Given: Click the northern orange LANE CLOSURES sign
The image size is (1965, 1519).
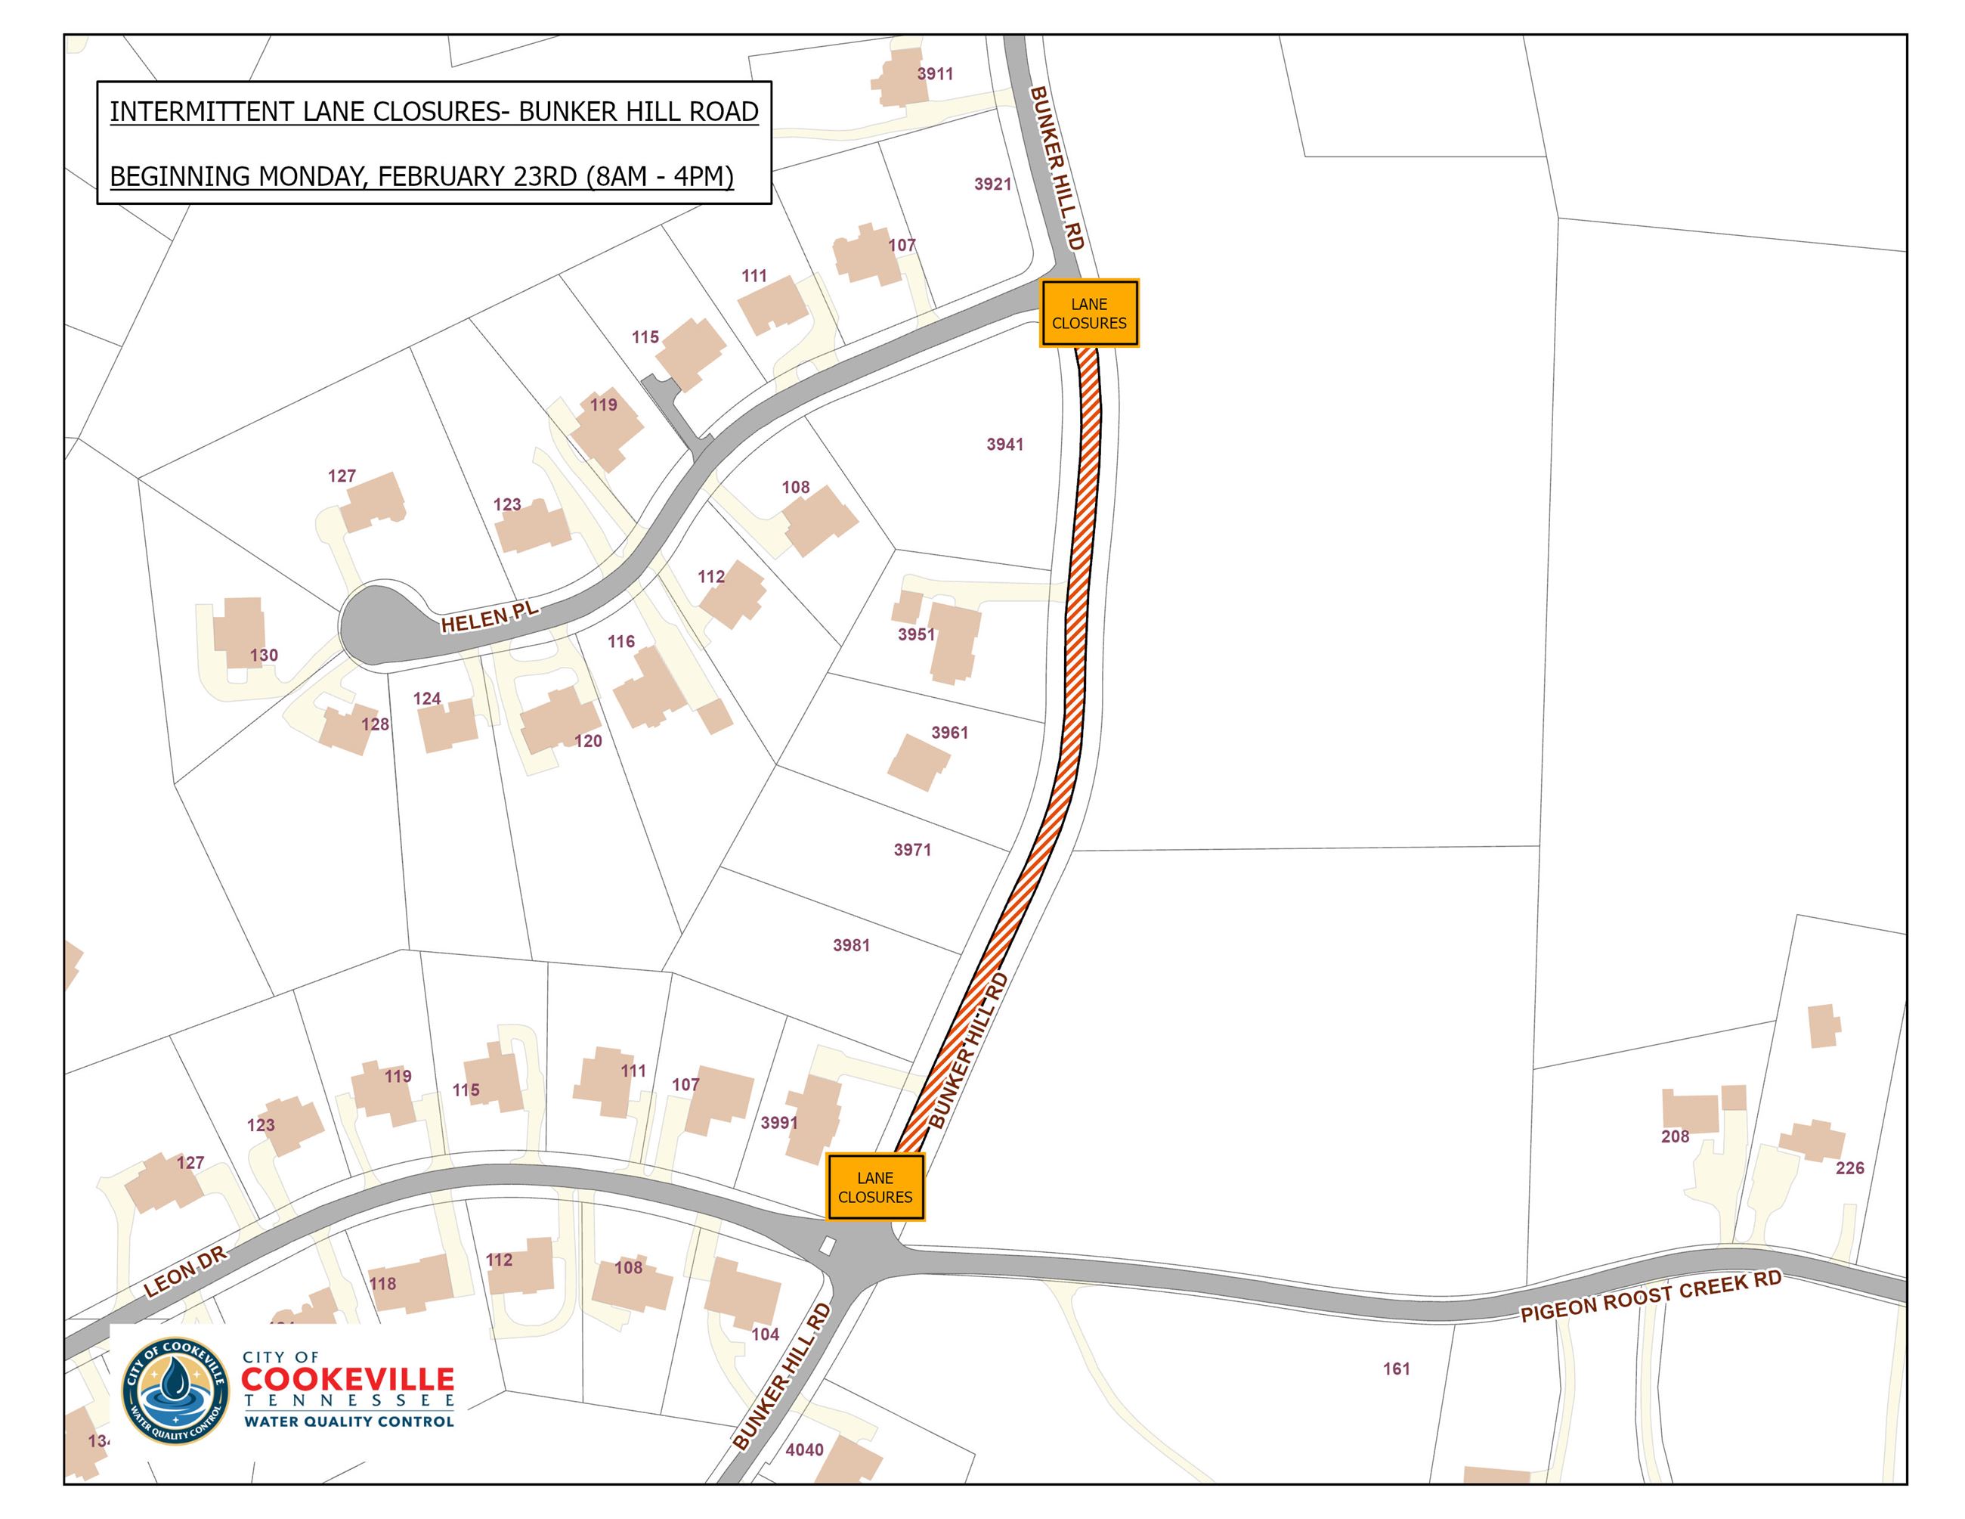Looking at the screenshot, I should [1088, 313].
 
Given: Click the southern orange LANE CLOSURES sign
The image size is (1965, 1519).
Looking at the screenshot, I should [874, 1187].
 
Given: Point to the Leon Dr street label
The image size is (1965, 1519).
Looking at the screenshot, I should [184, 1272].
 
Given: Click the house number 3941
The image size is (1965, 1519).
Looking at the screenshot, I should [1004, 444].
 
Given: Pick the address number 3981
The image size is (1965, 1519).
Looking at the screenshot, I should [850, 945].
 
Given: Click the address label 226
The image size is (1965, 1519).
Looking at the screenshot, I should [1849, 1168].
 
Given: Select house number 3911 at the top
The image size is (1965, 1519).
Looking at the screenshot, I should [935, 74].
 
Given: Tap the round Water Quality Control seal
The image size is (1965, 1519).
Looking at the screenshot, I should [175, 1390].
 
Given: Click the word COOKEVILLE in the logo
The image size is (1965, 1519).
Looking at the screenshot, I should [348, 1380].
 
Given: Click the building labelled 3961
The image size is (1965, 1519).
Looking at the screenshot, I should [918, 761].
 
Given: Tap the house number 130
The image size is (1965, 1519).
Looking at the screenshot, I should [264, 655].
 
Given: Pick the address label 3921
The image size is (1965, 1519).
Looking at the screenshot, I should [992, 184].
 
